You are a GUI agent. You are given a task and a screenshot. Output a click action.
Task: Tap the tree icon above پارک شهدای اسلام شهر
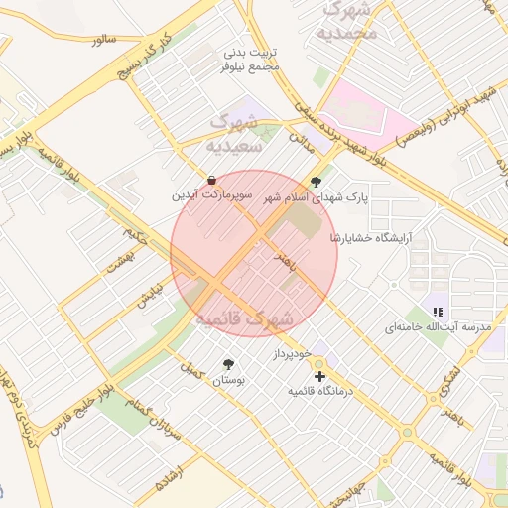click(316, 182)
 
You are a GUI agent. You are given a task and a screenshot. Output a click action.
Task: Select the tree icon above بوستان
click(229, 364)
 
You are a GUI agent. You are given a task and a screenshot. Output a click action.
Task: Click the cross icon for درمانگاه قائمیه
click(318, 376)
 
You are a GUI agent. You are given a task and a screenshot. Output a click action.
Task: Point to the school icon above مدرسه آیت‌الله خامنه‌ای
click(438, 311)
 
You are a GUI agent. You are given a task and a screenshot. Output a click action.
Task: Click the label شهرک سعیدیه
click(234, 134)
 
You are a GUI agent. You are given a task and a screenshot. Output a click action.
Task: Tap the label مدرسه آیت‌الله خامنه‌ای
click(438, 326)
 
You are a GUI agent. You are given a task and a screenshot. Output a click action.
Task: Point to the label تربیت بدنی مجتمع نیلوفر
click(251, 59)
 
